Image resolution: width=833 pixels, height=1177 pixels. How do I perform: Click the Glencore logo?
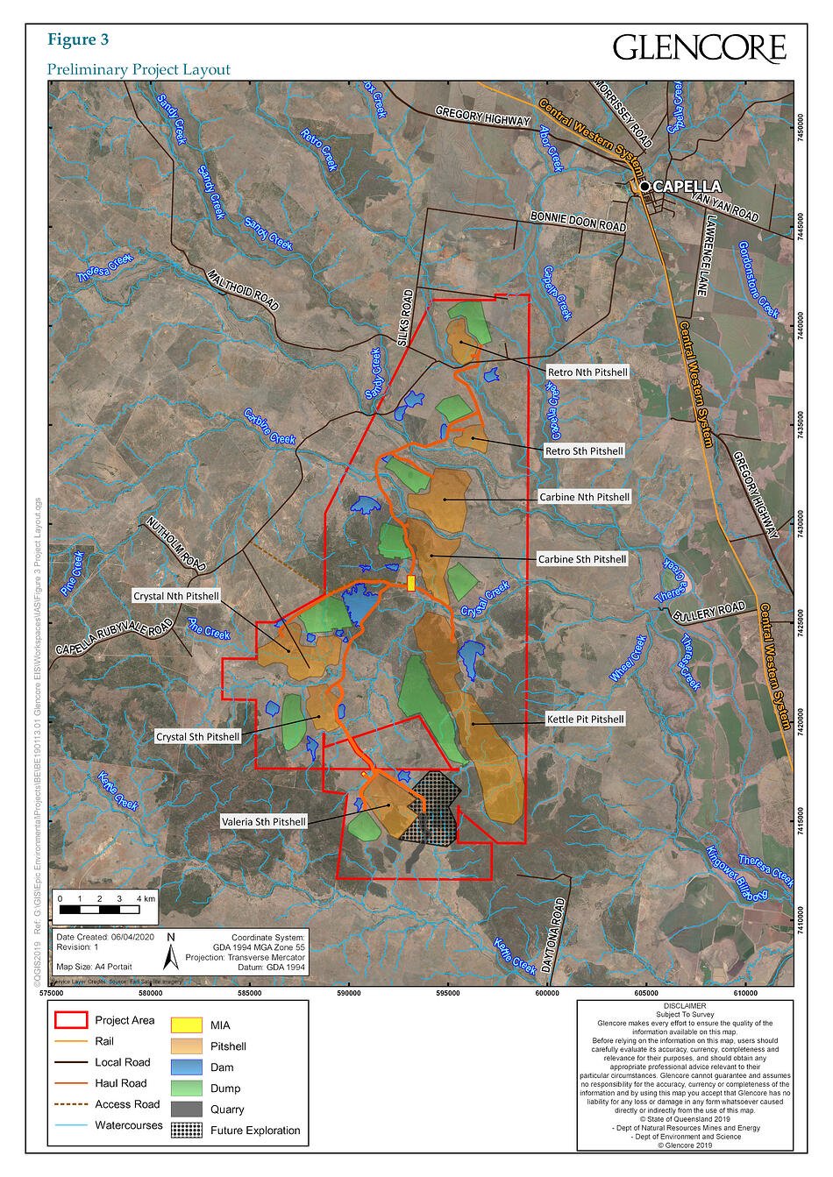pyautogui.click(x=699, y=47)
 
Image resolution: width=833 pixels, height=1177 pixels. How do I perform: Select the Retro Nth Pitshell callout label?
pyautogui.click(x=587, y=372)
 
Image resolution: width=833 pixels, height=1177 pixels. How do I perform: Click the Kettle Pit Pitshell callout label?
pyautogui.click(x=585, y=720)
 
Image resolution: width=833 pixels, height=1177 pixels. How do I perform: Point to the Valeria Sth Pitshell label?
pyautogui.click(x=263, y=822)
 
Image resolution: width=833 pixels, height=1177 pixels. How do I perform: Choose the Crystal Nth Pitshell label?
pyautogui.click(x=175, y=595)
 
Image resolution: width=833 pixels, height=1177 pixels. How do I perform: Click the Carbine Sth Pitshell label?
pyautogui.click(x=582, y=559)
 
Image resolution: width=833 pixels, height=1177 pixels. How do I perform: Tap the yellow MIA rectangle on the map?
pyautogui.click(x=411, y=583)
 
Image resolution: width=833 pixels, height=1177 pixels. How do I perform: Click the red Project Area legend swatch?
pyautogui.click(x=71, y=1020)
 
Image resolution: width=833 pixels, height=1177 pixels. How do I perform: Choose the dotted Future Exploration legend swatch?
pyautogui.click(x=186, y=1131)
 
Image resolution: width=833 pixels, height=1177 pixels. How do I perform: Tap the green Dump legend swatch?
pyautogui.click(x=186, y=1088)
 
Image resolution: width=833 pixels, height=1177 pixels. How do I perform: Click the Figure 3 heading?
pyautogui.click(x=78, y=39)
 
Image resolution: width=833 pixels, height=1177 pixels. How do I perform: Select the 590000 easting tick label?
pyautogui.click(x=349, y=993)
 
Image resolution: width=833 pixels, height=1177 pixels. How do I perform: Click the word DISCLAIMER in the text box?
pyautogui.click(x=685, y=1007)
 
